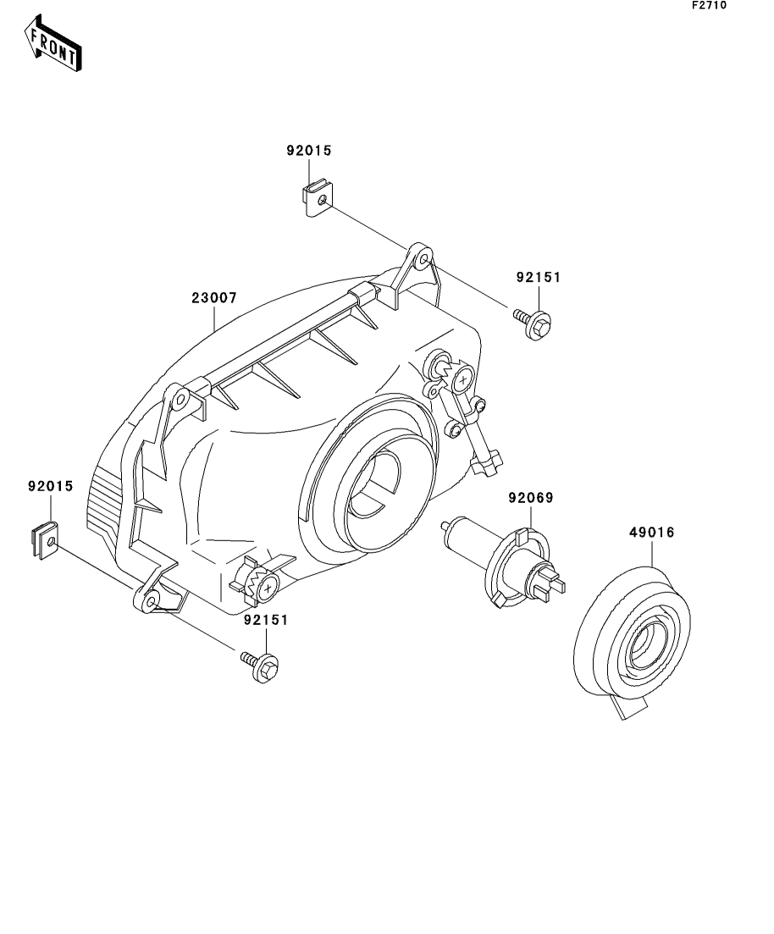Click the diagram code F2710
tap(709, 5)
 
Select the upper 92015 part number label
tap(309, 152)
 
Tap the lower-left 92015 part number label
tap(51, 487)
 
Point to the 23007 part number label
tap(213, 298)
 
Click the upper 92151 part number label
tap(539, 277)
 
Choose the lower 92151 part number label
tap(266, 620)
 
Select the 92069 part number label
tap(530, 498)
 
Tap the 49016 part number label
tap(651, 533)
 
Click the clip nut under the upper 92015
tap(317, 200)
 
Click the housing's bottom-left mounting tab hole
tap(150, 601)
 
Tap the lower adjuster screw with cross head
tap(268, 585)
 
